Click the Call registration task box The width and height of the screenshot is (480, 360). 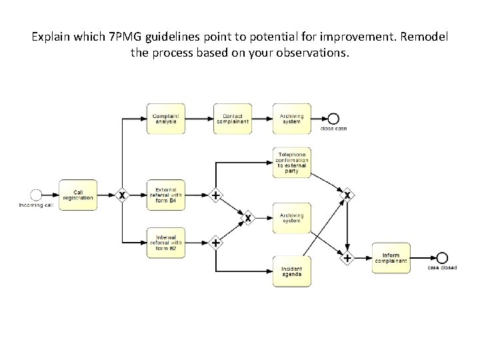78,195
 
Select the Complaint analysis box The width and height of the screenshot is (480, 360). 166,119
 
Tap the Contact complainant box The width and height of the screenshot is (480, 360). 233,119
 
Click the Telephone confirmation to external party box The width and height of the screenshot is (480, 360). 292,163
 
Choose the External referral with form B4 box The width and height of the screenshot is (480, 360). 166,195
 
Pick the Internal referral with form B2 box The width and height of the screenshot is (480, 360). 166,243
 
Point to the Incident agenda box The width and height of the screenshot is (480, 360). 292,271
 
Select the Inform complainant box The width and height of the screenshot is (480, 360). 391,258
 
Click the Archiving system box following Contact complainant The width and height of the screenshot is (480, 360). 292,119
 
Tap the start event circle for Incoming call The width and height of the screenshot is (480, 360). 36,195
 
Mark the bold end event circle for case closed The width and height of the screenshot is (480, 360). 441,258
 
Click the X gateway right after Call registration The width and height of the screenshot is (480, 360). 121,195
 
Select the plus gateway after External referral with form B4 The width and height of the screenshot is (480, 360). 215,195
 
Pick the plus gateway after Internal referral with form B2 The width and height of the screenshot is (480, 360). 215,243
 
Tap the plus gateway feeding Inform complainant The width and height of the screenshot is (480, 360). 347,258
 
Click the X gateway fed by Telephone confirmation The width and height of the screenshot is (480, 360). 347,195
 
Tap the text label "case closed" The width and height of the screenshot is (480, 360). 442,268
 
